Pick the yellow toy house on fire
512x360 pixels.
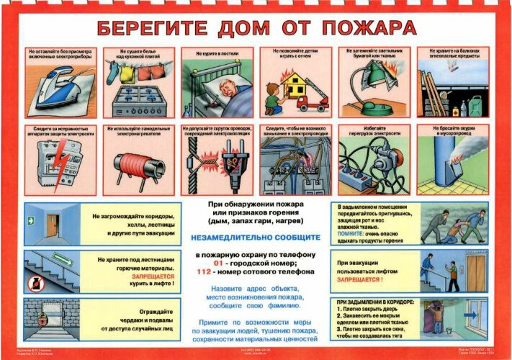tap(287, 86)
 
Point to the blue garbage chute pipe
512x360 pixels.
tap(444, 158)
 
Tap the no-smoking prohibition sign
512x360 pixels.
tap(35, 284)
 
